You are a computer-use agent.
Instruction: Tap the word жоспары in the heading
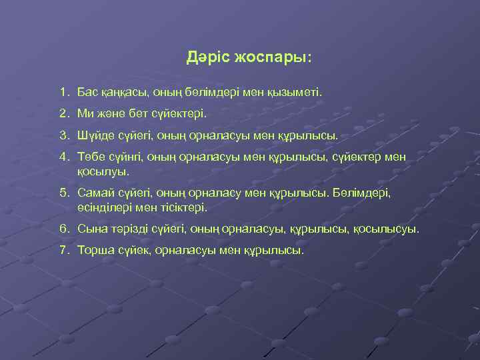pyautogui.click(x=272, y=59)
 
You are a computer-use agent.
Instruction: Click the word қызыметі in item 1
pyautogui.click(x=294, y=89)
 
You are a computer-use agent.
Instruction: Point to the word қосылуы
pyautogui.click(x=103, y=171)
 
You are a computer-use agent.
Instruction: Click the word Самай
pyautogui.click(x=95, y=194)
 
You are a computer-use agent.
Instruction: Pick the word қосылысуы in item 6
pyautogui.click(x=386, y=229)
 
